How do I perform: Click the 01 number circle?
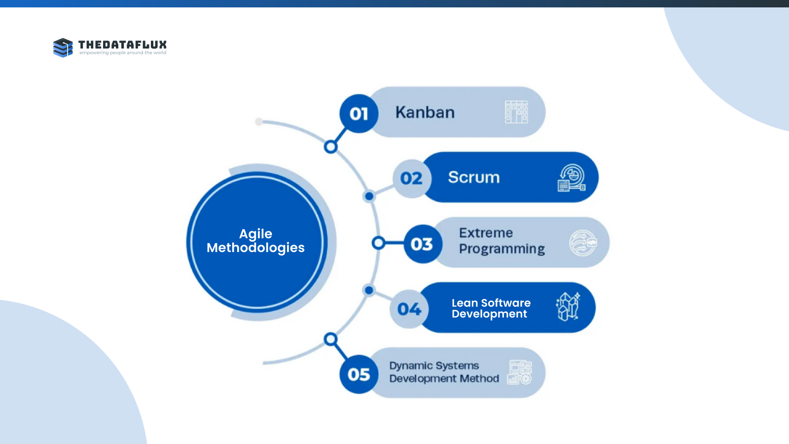(359, 113)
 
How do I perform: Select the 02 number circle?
(412, 178)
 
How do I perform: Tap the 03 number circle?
(422, 244)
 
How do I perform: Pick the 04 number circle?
(409, 309)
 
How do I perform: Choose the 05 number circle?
(359, 374)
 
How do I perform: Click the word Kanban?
(425, 112)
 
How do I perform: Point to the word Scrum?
(474, 178)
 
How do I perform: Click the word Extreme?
(486, 233)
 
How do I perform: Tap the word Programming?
(502, 249)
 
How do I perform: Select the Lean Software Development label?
(491, 308)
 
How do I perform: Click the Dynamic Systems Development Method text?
(444, 372)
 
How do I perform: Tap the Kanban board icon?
(516, 112)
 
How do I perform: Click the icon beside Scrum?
(572, 178)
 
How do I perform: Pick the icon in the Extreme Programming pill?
(583, 243)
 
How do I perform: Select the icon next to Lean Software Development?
(568, 307)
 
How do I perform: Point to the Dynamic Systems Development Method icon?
(520, 372)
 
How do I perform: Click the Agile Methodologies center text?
(255, 241)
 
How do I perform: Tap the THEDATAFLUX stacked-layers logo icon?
(63, 48)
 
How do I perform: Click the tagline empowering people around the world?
(123, 53)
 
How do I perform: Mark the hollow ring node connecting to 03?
(378, 243)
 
